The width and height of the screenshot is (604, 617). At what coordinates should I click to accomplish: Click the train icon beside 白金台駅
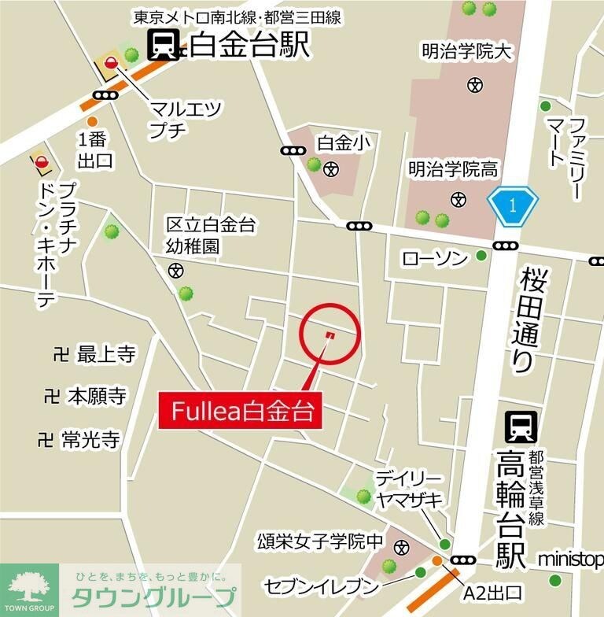163,45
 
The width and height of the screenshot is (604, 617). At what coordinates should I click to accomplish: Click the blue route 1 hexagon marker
512,207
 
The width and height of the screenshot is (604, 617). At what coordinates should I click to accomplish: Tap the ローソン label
435,257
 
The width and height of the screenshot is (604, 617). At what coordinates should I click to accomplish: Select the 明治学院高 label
453,169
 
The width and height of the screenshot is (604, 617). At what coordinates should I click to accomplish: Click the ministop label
570,559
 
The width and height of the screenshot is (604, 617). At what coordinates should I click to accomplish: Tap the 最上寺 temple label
105,355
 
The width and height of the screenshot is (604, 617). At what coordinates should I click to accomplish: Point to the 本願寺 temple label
97,395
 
